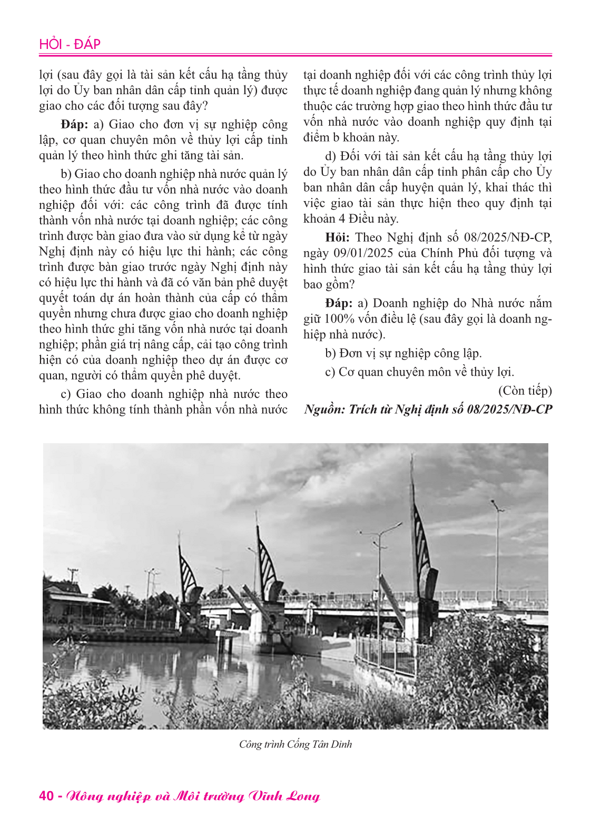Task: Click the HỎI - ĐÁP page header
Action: coord(70,44)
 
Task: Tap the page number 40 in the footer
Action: coord(46,795)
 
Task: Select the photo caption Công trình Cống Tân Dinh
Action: coord(295,744)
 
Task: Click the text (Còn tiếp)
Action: coord(525,391)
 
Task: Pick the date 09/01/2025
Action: coord(363,253)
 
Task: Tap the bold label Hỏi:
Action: coord(337,238)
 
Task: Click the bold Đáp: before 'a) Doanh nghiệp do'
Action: coord(339,304)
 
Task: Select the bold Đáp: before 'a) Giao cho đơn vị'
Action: coord(74,125)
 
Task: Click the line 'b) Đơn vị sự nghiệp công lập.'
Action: coord(403,353)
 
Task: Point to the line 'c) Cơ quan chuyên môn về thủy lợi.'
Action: coord(419,372)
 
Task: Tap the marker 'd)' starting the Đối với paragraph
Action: coord(331,156)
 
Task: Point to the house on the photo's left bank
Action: coord(71,605)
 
